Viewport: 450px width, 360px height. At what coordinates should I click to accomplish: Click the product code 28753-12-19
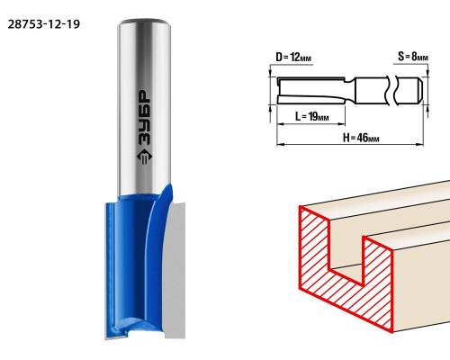(44, 24)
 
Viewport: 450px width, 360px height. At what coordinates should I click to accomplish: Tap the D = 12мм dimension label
(293, 57)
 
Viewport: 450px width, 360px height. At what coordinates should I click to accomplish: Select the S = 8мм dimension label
(413, 56)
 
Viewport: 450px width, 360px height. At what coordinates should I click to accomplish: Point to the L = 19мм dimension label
(312, 116)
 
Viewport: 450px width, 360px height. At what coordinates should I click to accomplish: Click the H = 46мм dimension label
(361, 138)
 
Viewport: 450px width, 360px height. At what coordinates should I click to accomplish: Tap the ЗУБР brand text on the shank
(144, 118)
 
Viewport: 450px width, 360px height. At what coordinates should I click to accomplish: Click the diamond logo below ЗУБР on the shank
(144, 157)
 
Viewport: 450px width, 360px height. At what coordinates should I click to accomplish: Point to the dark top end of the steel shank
(144, 22)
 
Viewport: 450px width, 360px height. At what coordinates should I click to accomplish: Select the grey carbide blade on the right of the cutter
(175, 270)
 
